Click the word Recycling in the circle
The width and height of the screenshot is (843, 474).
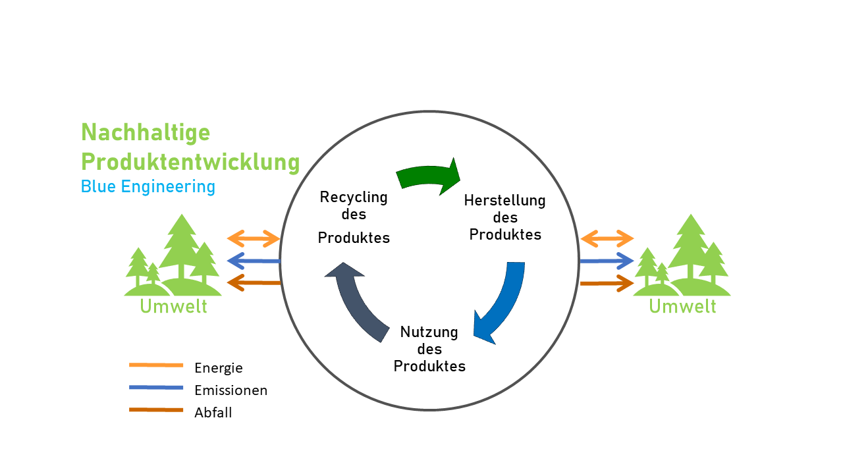click(x=353, y=197)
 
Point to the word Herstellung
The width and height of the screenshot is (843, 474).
click(x=504, y=200)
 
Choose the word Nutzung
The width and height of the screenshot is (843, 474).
click(x=429, y=332)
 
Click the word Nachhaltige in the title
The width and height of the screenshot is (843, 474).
click(x=146, y=133)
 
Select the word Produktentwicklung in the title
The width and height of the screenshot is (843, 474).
click(x=190, y=161)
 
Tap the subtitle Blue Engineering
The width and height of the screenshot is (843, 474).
click(x=148, y=186)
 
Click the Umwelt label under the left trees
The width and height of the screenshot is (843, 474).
click(x=173, y=306)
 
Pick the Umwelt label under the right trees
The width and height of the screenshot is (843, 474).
click(x=682, y=306)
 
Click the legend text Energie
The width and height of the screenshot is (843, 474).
click(x=219, y=368)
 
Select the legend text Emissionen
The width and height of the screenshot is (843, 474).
click(x=231, y=390)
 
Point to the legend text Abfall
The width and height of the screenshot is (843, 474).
click(x=213, y=413)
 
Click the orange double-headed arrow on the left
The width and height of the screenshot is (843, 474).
click(x=254, y=238)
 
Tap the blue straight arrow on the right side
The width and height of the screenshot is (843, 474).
click(x=606, y=261)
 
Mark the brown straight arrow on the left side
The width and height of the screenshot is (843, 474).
click(x=254, y=283)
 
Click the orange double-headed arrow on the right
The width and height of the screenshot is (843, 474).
click(x=607, y=238)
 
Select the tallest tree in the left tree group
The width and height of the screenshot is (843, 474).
click(x=178, y=247)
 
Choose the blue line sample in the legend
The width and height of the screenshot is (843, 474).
click(x=155, y=387)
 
